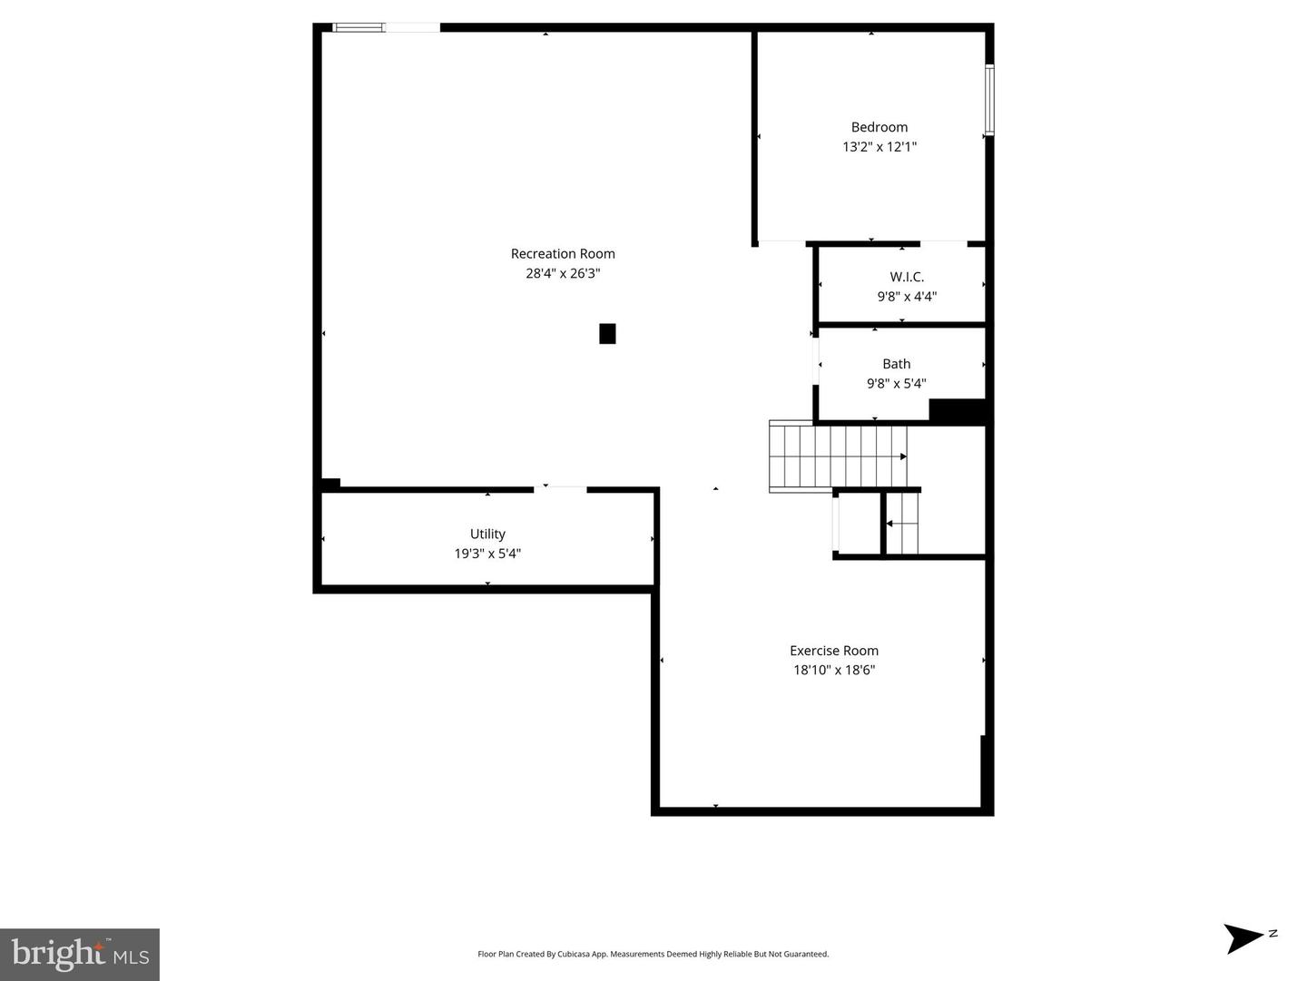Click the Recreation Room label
(563, 253)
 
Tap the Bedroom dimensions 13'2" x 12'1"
(879, 146)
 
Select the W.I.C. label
(907, 277)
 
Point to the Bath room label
(896, 364)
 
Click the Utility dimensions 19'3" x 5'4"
(487, 554)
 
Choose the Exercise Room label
(833, 651)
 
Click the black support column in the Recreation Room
(607, 333)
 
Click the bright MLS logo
(80, 954)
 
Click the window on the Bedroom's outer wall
(989, 100)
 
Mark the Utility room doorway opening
(560, 489)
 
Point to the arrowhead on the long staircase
(903, 456)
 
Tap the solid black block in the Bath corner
(958, 411)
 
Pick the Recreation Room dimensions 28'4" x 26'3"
(563, 273)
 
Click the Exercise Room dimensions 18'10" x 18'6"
(833, 670)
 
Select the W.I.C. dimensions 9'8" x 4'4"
(907, 297)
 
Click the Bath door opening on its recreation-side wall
(816, 361)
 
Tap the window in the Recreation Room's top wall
(358, 27)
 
